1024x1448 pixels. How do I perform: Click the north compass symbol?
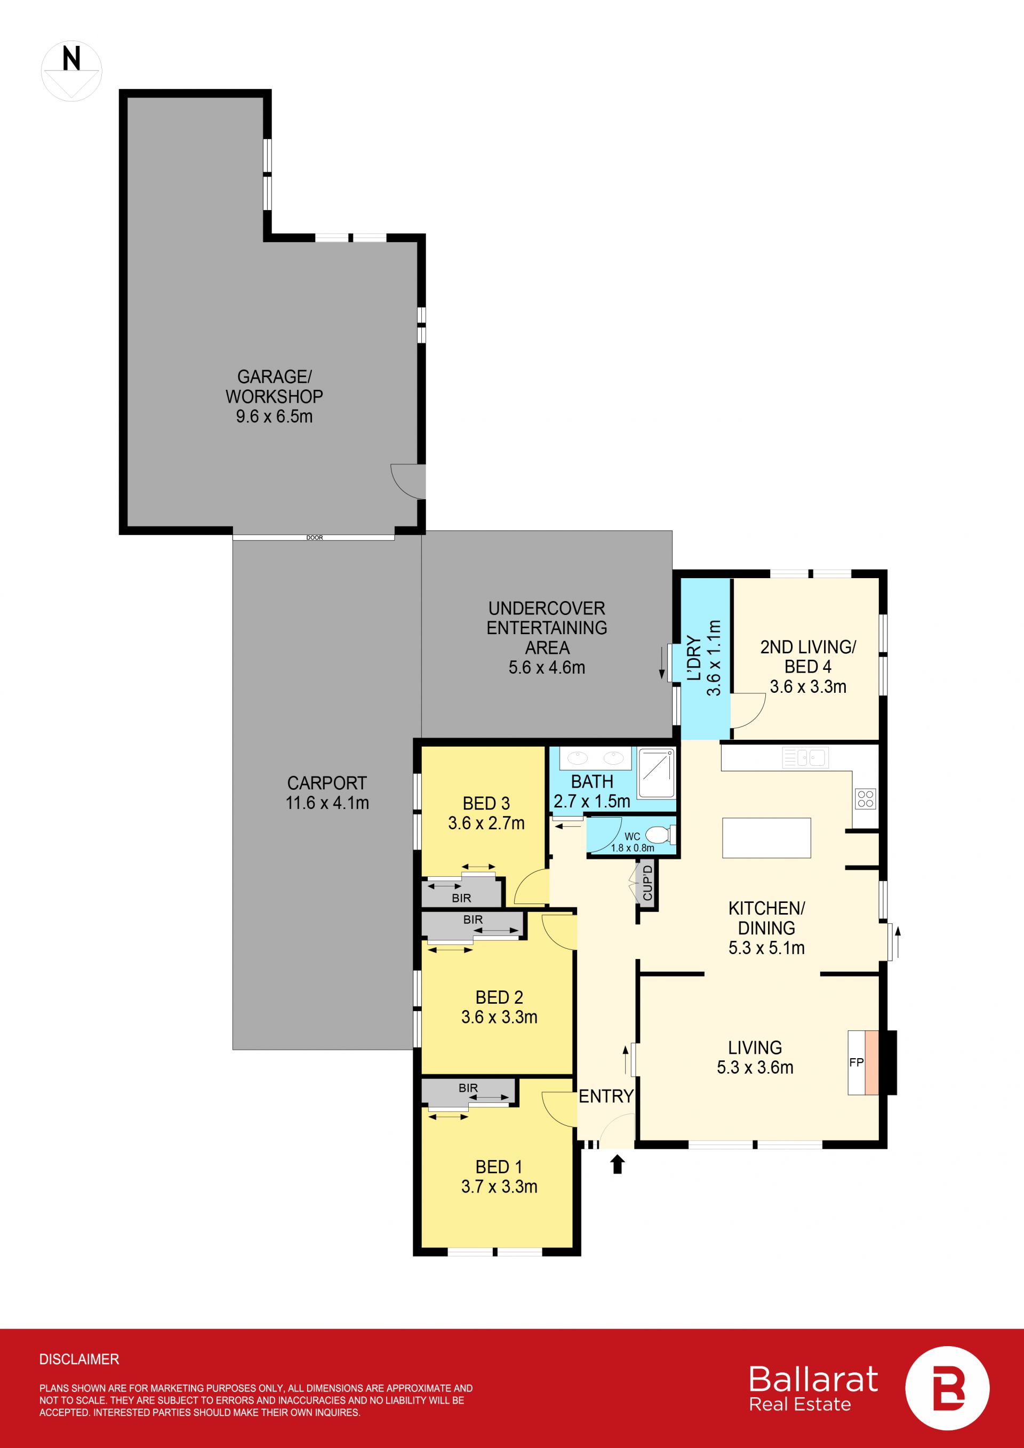coord(71,71)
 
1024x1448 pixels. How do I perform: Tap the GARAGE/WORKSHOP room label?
coord(274,396)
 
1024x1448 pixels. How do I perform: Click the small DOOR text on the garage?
coord(314,538)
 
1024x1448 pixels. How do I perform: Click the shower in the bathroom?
coord(657,773)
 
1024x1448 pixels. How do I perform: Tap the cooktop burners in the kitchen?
coord(865,799)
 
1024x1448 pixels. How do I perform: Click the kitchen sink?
coord(805,757)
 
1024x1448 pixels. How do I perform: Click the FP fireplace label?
coord(857,1062)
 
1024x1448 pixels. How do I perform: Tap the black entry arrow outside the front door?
coord(617,1164)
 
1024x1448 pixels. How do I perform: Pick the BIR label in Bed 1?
coord(468,1088)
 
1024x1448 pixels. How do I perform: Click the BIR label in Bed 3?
coord(461,898)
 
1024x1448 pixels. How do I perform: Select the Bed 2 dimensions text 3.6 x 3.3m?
coord(499,1017)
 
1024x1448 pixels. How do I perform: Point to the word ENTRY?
coord(606,1096)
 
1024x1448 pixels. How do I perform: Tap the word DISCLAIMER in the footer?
coord(79,1359)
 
